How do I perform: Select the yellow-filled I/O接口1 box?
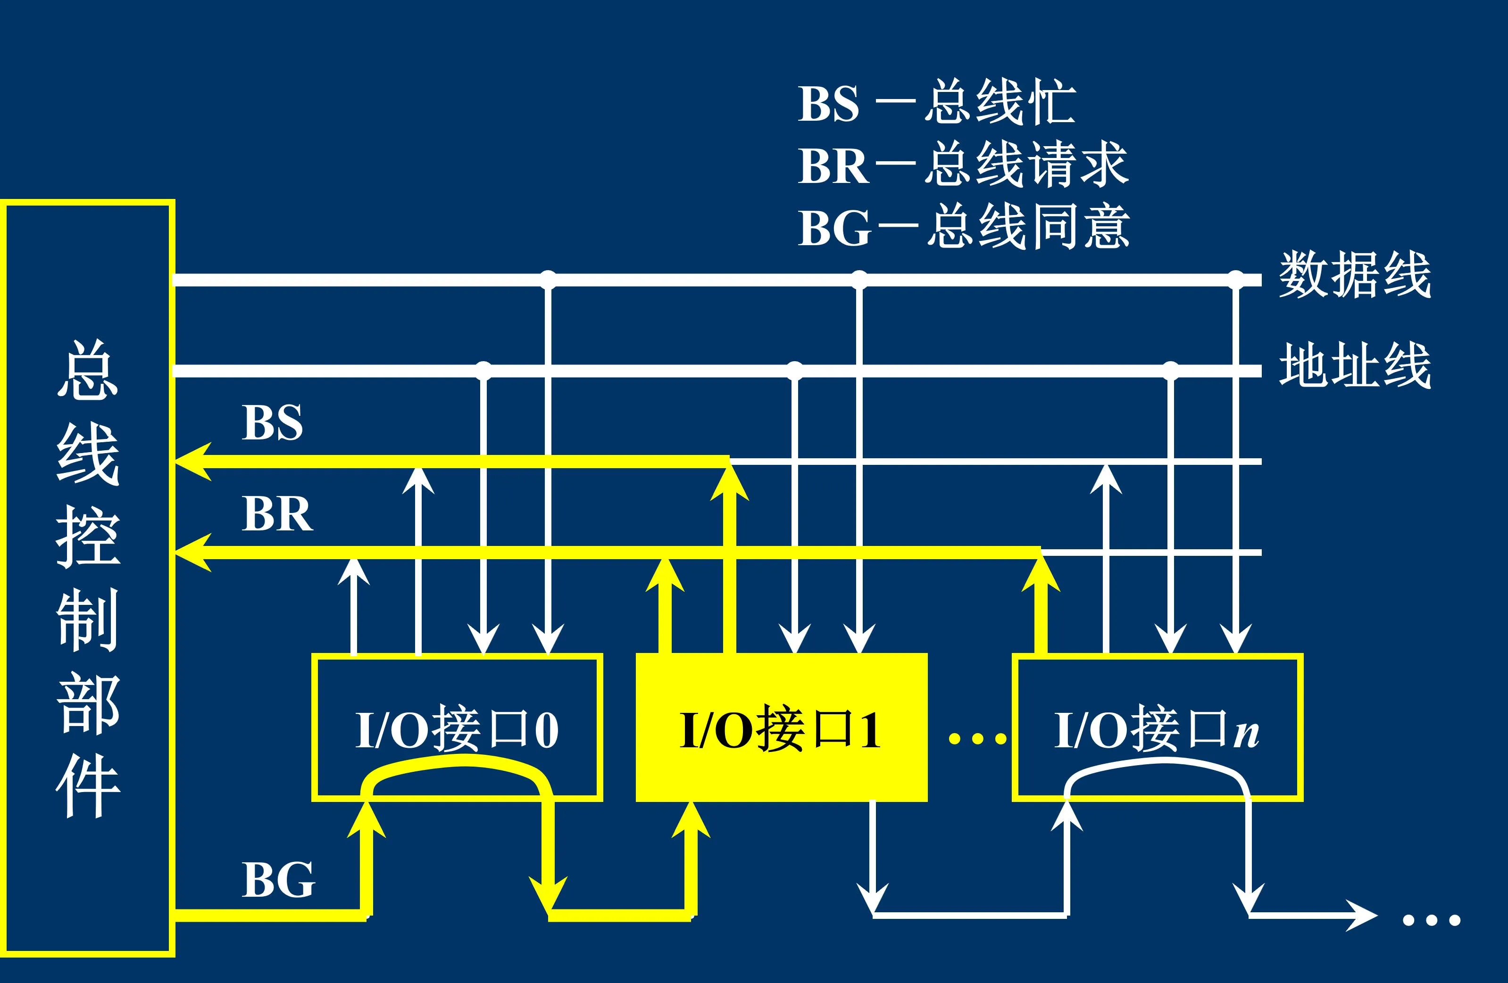click(781, 728)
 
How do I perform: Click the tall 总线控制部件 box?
click(87, 578)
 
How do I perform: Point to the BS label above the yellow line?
click(273, 422)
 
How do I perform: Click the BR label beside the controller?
click(277, 514)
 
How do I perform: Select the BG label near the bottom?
click(278, 880)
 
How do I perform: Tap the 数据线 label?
click(1355, 275)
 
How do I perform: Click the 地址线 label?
click(1355, 365)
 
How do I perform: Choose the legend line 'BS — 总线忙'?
click(936, 103)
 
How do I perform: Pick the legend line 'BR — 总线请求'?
click(962, 165)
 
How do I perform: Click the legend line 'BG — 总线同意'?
click(963, 227)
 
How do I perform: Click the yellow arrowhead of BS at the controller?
click(192, 462)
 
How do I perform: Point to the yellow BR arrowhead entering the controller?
click(192, 552)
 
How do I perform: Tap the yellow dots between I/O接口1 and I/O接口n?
click(977, 738)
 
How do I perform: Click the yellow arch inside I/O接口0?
click(456, 773)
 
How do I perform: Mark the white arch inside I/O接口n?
click(1157, 771)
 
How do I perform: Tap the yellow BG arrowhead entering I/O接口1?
click(691, 820)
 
